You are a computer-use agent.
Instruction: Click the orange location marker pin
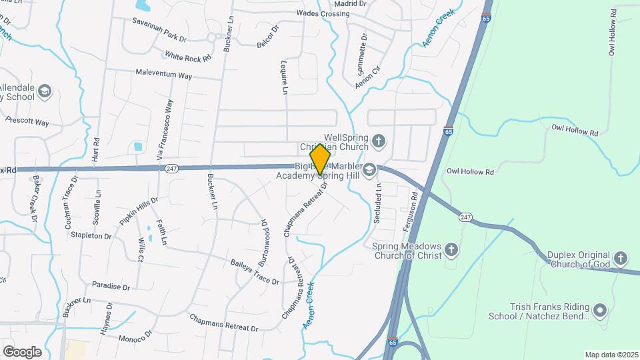tap(320, 159)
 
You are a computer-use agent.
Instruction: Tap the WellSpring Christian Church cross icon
tap(379, 141)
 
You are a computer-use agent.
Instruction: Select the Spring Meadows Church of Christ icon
tap(452, 250)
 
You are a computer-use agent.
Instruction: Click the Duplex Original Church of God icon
tap(621, 258)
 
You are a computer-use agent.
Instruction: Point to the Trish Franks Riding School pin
tap(599, 311)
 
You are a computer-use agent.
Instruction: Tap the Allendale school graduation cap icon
tap(45, 91)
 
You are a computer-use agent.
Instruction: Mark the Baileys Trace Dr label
tap(255, 273)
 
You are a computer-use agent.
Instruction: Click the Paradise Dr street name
tap(111, 286)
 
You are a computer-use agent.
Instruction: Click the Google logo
tap(22, 351)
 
